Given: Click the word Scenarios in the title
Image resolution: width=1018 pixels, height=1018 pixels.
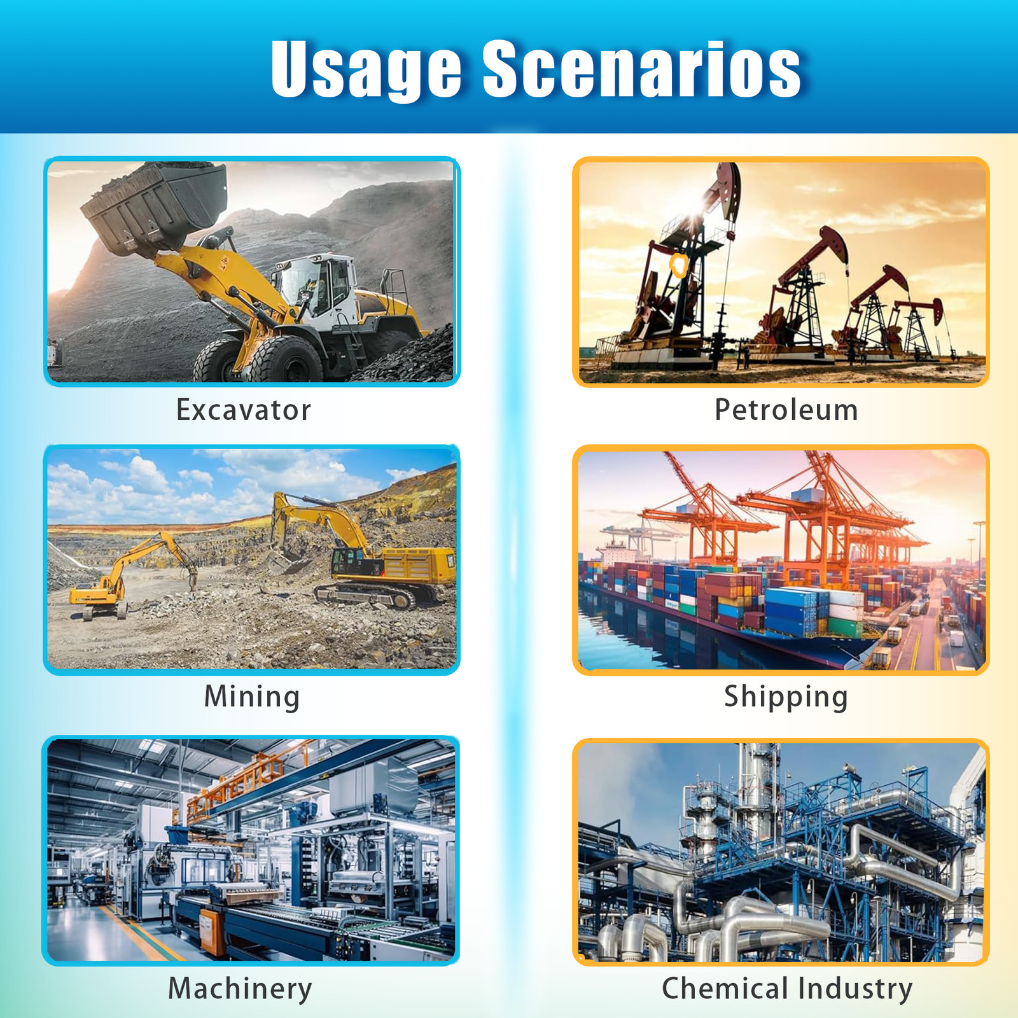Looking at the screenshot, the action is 641,68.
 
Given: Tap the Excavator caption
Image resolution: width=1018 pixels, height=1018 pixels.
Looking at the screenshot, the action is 244,410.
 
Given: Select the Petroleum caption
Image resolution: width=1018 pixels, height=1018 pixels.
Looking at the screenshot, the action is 786,410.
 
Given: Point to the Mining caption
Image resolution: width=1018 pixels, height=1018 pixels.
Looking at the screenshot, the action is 252,696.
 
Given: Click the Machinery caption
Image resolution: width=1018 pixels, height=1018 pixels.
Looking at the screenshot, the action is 240,989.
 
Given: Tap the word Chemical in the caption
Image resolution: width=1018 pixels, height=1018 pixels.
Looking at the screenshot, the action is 725,988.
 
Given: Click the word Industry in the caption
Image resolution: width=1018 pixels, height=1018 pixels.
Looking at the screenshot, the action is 856,989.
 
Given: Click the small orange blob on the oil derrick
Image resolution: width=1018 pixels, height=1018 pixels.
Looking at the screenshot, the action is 679,265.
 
